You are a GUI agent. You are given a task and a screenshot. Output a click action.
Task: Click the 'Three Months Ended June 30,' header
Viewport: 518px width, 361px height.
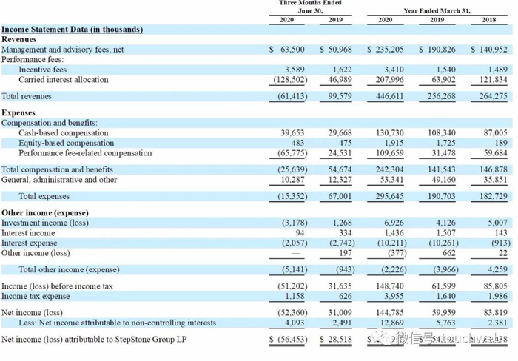309,7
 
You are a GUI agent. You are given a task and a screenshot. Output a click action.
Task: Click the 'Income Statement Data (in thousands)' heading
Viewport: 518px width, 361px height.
72,30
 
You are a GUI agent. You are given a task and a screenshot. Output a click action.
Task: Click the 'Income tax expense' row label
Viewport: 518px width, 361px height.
36,296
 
